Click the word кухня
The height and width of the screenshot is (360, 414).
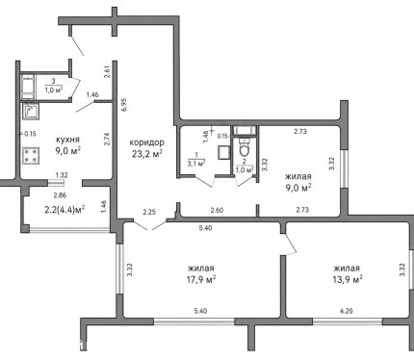[67, 140]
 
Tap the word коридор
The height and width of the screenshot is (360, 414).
[146, 142]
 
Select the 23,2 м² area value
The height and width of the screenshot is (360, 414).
[147, 154]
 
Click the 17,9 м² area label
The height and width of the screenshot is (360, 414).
[201, 280]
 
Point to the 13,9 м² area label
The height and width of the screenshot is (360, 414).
[348, 280]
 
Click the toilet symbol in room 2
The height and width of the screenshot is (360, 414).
[245, 147]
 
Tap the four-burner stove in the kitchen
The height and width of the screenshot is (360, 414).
[31, 156]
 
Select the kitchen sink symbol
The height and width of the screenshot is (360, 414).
[31, 112]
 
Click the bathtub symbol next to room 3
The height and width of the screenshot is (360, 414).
[27, 87]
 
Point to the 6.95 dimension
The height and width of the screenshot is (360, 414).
[124, 104]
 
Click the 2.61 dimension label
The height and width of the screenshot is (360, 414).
[108, 72]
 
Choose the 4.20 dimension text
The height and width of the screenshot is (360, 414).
[347, 311]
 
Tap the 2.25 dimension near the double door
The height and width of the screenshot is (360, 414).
[149, 212]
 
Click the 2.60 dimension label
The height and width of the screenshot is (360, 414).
[217, 211]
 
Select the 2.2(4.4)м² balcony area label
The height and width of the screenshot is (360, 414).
[65, 210]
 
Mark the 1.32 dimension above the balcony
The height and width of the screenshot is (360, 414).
[62, 175]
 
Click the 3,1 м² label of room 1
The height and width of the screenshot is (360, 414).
[196, 164]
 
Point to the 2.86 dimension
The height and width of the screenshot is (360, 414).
[60, 194]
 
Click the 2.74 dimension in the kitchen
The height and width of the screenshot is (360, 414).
[108, 140]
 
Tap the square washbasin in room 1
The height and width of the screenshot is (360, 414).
[223, 152]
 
